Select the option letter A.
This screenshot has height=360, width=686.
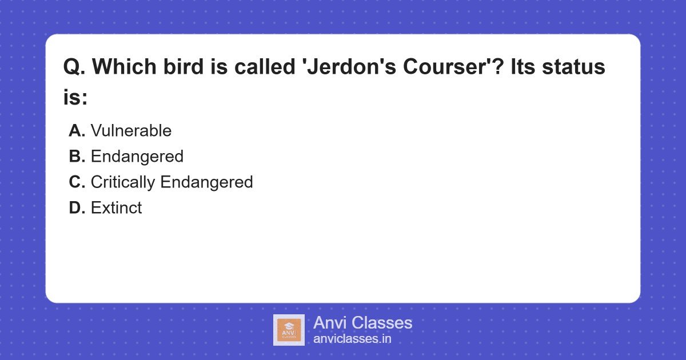click(77, 131)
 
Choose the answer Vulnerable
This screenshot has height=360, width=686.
click(131, 131)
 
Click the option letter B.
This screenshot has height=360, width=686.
click(77, 157)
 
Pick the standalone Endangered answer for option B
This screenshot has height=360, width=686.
click(137, 157)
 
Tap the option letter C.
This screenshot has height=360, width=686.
click(77, 182)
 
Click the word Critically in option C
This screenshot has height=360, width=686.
click(123, 182)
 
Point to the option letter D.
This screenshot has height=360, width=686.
click(77, 208)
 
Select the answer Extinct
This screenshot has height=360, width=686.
click(116, 208)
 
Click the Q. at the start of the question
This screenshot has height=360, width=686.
click(74, 67)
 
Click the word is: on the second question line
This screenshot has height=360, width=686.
click(75, 97)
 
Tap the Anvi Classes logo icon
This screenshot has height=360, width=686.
click(289, 330)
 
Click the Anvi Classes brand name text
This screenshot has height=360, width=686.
click(362, 323)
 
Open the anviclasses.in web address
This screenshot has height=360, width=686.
click(352, 339)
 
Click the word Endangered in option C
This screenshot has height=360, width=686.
click(206, 182)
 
